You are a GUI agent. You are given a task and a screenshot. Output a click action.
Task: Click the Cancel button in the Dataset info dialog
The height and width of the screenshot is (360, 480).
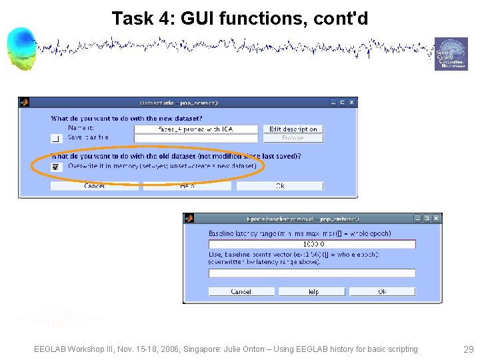[x=95, y=186]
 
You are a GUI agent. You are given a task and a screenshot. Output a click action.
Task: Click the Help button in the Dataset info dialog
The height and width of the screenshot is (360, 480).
[x=187, y=186]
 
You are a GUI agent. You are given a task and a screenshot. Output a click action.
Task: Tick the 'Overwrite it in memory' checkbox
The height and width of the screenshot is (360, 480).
[x=56, y=167]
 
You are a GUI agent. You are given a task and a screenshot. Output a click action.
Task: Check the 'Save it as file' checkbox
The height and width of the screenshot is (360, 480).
[x=56, y=138]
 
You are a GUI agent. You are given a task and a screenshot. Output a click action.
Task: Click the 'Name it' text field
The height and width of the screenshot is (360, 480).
[x=195, y=129]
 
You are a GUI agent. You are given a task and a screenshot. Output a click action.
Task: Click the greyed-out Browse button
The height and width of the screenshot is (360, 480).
[x=293, y=138]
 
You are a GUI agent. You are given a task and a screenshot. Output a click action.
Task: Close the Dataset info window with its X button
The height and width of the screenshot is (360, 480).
[x=352, y=102]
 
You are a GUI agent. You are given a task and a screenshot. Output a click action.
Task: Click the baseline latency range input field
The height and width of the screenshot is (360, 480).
[x=312, y=244]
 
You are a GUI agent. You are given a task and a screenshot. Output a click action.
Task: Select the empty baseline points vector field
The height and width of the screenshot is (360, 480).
[x=312, y=273]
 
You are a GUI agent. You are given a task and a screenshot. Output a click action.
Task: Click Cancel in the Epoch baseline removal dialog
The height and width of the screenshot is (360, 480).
[x=241, y=291]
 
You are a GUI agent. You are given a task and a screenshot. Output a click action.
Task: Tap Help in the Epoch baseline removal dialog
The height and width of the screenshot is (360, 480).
[x=312, y=291]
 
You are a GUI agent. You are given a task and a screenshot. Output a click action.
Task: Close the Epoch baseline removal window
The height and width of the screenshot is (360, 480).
[x=437, y=218]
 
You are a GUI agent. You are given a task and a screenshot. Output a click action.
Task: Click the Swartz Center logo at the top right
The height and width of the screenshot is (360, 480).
[x=451, y=54]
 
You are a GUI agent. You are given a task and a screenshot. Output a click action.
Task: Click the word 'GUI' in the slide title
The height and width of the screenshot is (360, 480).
[x=193, y=19]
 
